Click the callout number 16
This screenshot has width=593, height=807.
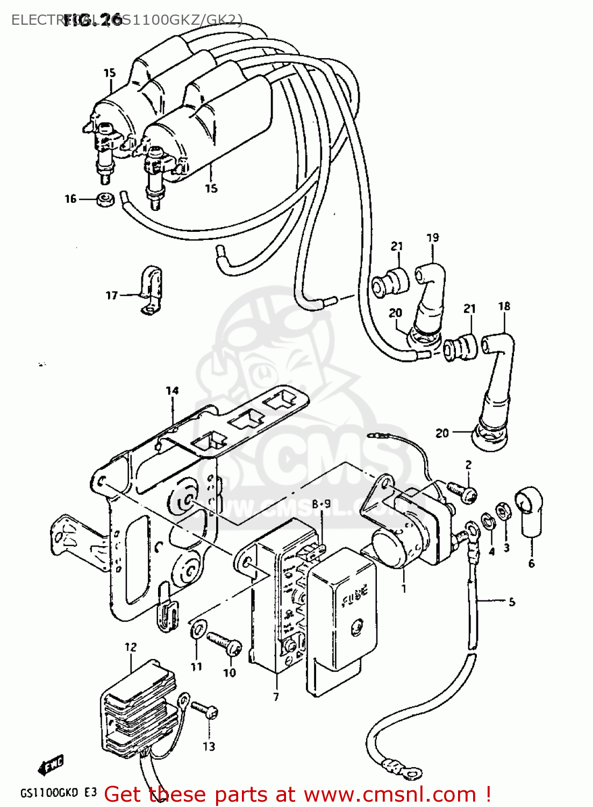tap(70, 199)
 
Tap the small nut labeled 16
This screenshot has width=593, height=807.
tap(105, 199)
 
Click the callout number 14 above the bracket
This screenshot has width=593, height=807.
tap(172, 391)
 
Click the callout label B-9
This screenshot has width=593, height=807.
tap(321, 504)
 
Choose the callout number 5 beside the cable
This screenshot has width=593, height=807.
tap(511, 601)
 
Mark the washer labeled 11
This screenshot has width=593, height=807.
tap(198, 629)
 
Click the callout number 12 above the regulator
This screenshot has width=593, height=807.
tap(131, 647)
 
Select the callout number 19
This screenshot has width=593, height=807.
tap(433, 237)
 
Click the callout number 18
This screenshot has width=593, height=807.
tap(504, 306)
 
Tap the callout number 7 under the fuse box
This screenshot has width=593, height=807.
tap(276, 697)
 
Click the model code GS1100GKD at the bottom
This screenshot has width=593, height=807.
tap(49, 793)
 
